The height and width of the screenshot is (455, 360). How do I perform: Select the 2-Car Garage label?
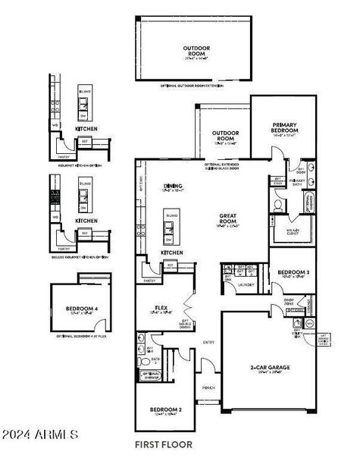click(269, 367)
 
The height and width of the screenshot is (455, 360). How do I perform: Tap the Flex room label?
click(161, 309)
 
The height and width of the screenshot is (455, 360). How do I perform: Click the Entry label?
click(208, 342)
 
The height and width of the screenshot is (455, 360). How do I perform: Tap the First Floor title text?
click(164, 444)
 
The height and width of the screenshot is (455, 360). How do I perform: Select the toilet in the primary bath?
click(278, 204)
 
